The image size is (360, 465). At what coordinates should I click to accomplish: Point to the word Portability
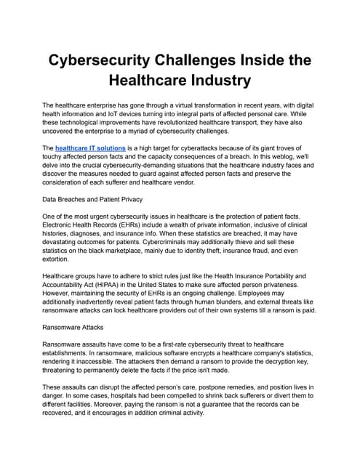tap(288, 276)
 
